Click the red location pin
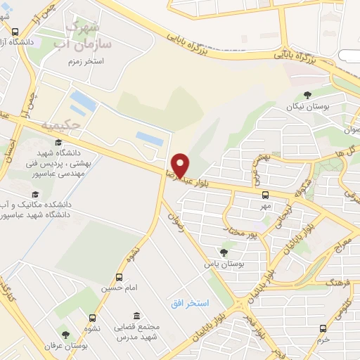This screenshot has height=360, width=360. tap(181, 165)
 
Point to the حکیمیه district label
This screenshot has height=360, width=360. tap(82, 124)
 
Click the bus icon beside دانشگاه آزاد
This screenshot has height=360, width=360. tap(15, 32)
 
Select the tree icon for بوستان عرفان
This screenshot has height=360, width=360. tap(65, 335)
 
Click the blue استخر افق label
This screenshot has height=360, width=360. tap(189, 302)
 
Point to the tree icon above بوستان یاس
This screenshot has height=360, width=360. tap(224, 252)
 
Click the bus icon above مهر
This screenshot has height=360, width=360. tap(265, 195)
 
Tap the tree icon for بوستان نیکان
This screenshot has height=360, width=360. tap(307, 96)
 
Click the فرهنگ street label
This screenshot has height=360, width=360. tap(317, 281)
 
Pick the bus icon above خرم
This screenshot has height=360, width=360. tap(323, 328)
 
